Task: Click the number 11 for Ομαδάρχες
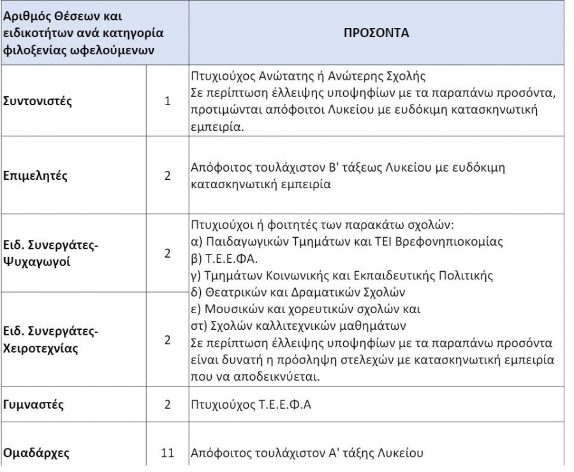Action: [x=168, y=454]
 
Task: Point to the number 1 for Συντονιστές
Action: [x=168, y=100]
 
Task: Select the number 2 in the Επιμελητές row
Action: [x=168, y=175]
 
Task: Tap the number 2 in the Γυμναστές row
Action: [x=168, y=404]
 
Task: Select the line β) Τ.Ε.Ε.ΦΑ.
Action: [x=221, y=260]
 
